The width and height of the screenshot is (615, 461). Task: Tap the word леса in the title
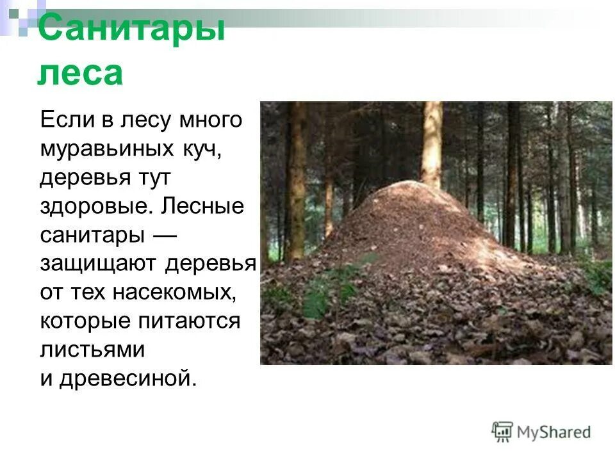point(79,73)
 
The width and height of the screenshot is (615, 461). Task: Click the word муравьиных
point(99,149)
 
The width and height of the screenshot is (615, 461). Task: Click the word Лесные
point(203,207)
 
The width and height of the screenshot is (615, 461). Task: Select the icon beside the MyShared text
point(502,432)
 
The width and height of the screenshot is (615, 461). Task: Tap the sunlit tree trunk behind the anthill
point(432,141)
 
